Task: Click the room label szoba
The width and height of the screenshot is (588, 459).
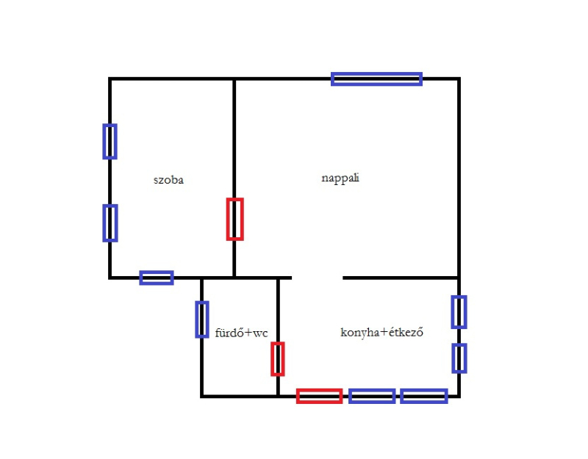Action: (x=168, y=180)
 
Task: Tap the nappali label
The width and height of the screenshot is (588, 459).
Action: (x=340, y=178)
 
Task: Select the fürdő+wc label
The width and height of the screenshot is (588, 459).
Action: (x=242, y=333)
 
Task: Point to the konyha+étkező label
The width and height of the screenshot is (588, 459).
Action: (x=381, y=332)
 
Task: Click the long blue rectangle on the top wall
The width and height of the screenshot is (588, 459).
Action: (x=376, y=74)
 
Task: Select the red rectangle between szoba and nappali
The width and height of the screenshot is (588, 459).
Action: (x=228, y=219)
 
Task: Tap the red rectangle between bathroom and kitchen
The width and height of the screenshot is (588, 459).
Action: (x=272, y=359)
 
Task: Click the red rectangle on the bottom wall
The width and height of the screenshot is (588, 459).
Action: (x=319, y=391)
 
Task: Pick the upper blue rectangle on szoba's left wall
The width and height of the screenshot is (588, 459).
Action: (x=104, y=142)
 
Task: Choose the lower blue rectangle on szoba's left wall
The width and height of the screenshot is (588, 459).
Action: (x=104, y=223)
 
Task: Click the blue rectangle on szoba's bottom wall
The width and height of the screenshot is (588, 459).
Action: (x=157, y=272)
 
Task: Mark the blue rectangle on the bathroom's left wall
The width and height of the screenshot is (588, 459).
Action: (x=197, y=319)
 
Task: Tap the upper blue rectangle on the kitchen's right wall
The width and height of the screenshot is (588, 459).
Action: (x=453, y=312)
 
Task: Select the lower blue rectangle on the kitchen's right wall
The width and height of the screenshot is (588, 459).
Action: (x=453, y=358)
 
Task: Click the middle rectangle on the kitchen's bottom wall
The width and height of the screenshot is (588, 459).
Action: (x=372, y=391)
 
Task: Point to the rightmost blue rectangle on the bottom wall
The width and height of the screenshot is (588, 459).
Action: (x=424, y=391)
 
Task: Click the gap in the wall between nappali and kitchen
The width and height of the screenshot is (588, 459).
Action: (x=318, y=278)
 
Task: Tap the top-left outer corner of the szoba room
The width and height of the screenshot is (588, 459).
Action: (x=109, y=78)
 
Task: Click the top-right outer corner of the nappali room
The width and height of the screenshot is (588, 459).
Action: (x=460, y=78)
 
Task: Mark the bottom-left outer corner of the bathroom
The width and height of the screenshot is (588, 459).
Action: (x=201, y=397)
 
